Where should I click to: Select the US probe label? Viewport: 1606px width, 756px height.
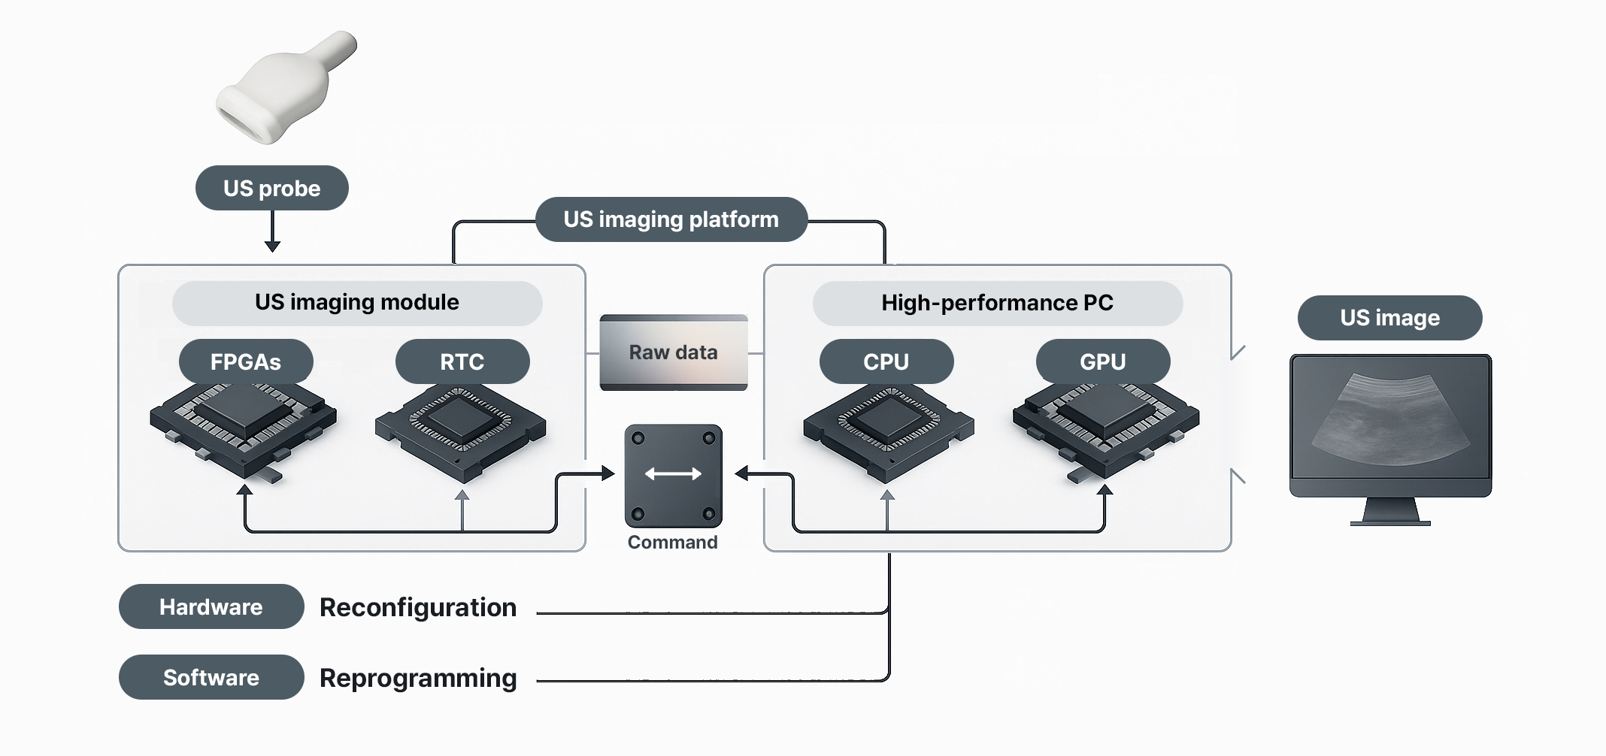pos(271,188)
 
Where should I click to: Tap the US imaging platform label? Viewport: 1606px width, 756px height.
pos(671,219)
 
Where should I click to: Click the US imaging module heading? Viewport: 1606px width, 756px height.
pos(357,303)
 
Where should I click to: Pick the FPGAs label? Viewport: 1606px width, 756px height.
pos(246,361)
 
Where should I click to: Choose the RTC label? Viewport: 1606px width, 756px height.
pos(462,361)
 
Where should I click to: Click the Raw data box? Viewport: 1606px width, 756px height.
pos(673,352)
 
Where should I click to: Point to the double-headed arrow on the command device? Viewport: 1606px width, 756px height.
pos(673,473)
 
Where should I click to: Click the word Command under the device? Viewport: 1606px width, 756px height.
pos(672,543)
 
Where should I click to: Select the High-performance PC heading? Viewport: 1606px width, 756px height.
pos(997,303)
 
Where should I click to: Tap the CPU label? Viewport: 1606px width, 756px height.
pos(886,361)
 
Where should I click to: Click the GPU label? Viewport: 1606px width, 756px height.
pos(1103,361)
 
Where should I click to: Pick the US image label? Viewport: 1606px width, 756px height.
pos(1389,318)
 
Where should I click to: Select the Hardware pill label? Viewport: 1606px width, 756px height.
pos(211,607)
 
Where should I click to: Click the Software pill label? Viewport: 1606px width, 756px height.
pos(211,678)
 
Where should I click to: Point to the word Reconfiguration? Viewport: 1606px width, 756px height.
pos(418,607)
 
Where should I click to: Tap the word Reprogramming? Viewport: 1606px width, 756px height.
pos(418,678)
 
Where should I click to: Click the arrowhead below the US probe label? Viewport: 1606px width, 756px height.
pos(272,246)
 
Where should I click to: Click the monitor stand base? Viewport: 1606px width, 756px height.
pos(1390,522)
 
